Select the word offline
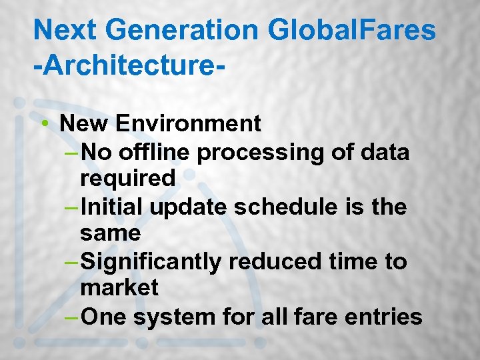155,152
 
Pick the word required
127,179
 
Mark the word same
110,233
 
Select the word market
119,288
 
